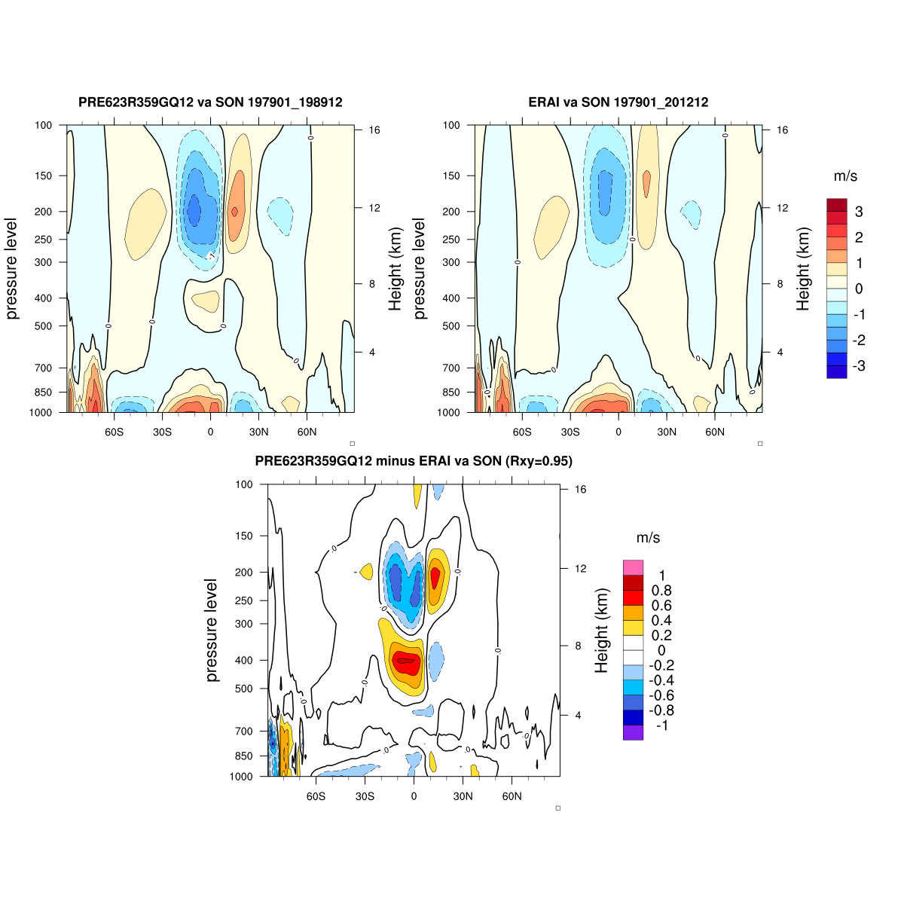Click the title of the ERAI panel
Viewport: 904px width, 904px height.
618,102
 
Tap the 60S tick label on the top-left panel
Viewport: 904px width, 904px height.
115,432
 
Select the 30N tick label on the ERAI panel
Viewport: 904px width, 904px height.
667,432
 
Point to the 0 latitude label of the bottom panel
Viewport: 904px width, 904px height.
414,796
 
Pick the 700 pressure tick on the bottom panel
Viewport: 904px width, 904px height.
244,731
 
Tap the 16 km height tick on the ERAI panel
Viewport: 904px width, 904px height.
783,130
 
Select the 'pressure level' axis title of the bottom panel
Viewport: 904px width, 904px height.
212,631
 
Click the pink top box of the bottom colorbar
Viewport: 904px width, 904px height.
633,567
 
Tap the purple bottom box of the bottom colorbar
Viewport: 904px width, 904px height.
633,732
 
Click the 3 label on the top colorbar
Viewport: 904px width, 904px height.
859,212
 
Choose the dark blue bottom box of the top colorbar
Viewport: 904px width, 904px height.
837,371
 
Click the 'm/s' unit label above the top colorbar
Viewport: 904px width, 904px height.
845,176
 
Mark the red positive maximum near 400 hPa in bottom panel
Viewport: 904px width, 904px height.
407,661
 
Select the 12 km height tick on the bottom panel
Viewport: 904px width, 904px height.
581,568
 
